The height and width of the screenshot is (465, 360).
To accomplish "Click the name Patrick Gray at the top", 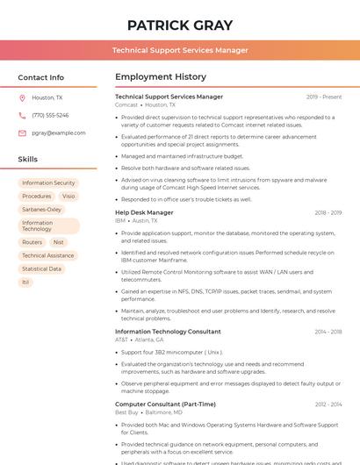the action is click(180, 25).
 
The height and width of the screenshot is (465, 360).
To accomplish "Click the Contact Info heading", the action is click(40, 77).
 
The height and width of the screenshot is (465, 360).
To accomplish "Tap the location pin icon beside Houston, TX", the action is click(22, 98).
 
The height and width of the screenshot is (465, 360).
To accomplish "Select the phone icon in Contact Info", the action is click(22, 115).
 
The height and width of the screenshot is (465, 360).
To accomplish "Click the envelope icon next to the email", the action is click(22, 132).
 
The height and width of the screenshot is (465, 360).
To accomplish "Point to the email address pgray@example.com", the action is click(59, 132).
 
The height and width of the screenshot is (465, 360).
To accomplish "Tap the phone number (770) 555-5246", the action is click(50, 115).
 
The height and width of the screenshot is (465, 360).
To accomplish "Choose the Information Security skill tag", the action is click(48, 183).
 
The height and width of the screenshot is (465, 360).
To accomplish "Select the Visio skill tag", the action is click(68, 197).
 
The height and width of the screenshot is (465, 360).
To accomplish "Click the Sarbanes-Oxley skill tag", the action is click(42, 210).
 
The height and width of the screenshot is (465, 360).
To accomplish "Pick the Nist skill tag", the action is click(58, 242).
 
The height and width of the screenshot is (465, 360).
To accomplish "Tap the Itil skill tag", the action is click(26, 282).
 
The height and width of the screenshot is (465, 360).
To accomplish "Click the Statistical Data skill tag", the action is click(42, 268).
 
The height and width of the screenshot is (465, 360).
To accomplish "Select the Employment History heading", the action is click(160, 77).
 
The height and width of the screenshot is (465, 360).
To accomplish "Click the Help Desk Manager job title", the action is click(144, 212).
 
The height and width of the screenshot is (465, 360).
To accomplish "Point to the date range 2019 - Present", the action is click(324, 97).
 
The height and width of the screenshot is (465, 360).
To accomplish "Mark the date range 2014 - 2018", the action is click(328, 332).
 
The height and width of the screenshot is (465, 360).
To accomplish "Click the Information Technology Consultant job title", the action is click(168, 332).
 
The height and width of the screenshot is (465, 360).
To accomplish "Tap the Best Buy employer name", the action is click(126, 411).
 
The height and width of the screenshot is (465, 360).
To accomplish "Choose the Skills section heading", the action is click(27, 160).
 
